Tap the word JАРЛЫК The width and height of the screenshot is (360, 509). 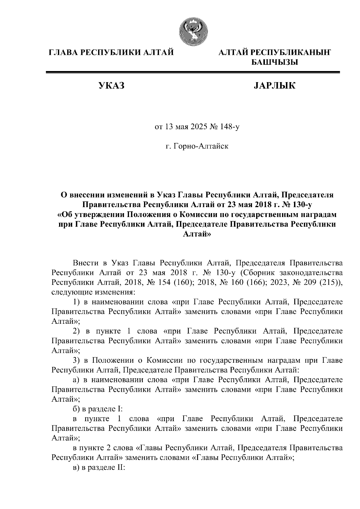coord(274,86)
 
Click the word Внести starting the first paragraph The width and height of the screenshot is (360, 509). coord(85,263)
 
